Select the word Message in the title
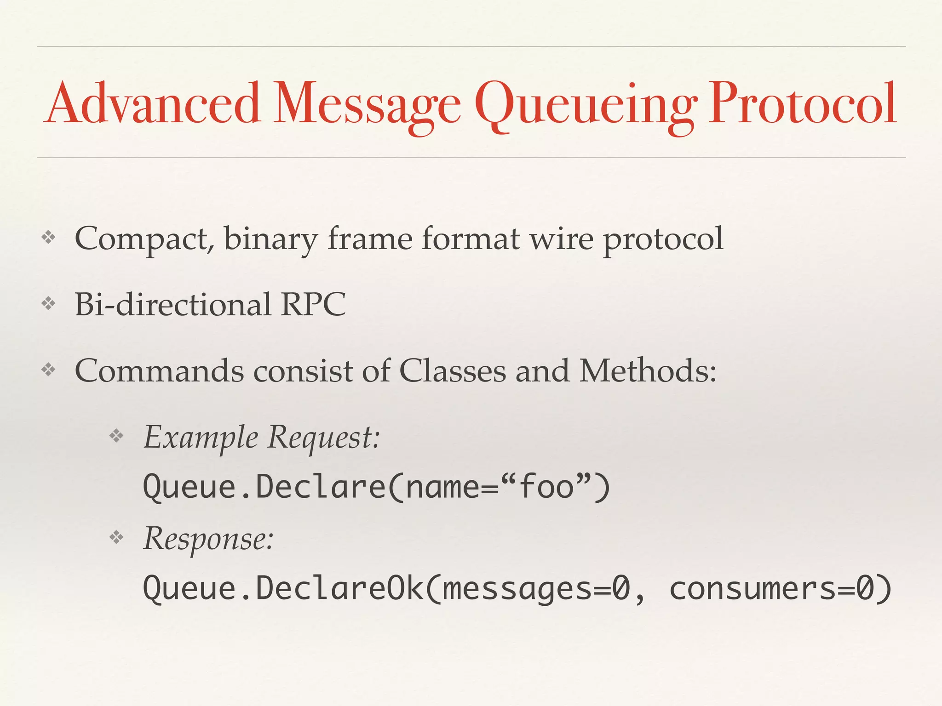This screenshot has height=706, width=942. click(367, 106)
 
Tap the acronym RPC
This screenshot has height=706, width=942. click(313, 304)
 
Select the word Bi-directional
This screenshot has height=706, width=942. click(173, 304)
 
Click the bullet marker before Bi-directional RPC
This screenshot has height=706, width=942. click(48, 303)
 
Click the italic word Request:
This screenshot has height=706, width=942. click(324, 438)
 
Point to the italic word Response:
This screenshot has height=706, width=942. click(208, 539)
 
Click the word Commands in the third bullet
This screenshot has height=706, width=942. click(159, 370)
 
